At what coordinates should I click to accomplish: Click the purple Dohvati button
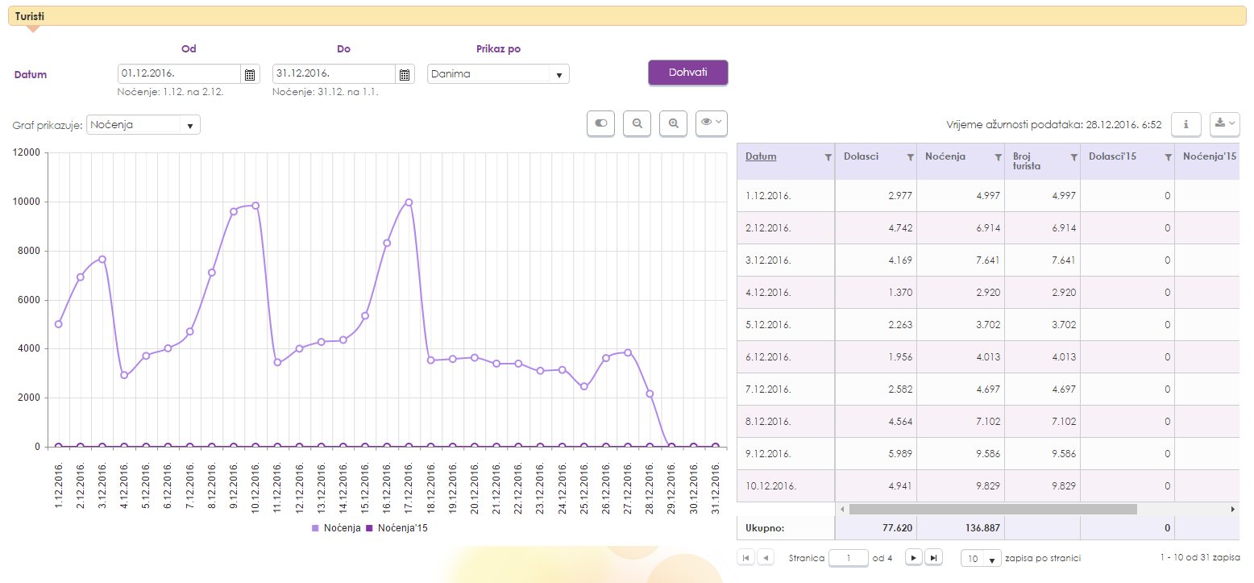(687, 73)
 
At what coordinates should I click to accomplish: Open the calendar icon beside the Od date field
(250, 74)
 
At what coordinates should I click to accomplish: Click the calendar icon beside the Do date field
(405, 74)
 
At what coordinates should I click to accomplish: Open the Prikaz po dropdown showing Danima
(498, 74)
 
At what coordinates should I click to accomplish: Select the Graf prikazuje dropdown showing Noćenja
(143, 125)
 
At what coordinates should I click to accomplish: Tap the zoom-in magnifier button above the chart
(673, 123)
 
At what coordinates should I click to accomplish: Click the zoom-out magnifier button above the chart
(637, 123)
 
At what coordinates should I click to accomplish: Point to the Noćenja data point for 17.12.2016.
(409, 202)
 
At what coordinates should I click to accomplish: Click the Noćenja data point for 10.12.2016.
(255, 206)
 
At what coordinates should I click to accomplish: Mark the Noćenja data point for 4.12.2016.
(124, 375)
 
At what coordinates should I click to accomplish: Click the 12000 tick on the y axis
(27, 153)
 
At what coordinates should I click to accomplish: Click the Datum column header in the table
(761, 156)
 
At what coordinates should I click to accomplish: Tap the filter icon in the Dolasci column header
(910, 157)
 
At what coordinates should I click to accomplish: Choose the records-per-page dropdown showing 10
(981, 558)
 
